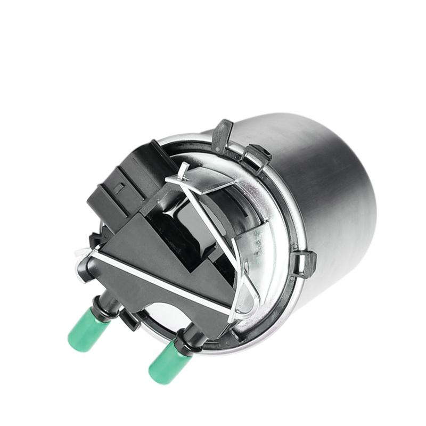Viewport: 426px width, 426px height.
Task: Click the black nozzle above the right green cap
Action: click(x=186, y=341)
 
